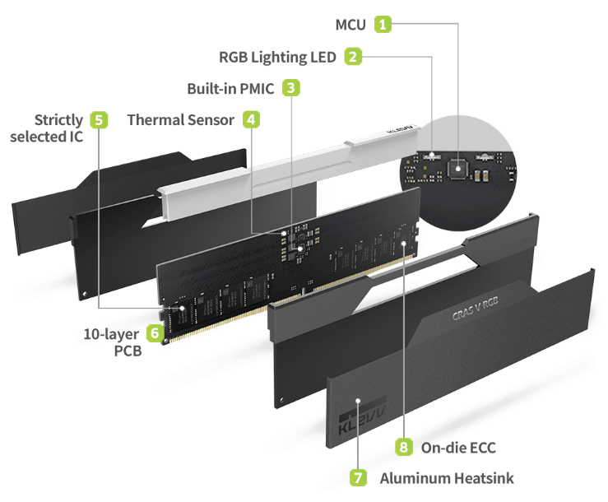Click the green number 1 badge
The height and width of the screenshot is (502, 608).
383,24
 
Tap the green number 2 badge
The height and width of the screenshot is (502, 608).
352,57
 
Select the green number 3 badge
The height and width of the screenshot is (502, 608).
291,87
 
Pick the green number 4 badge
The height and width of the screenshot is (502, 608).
251,119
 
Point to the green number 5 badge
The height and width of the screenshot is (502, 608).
99,120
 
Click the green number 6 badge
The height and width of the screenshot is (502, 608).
154,333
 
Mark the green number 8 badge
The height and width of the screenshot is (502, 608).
403,447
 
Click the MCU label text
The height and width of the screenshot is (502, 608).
350,25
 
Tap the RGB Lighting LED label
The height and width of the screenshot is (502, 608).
277,57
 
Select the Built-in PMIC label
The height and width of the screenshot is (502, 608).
230,87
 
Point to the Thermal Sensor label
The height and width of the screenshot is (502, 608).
181,120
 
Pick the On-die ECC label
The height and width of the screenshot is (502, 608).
457,448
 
